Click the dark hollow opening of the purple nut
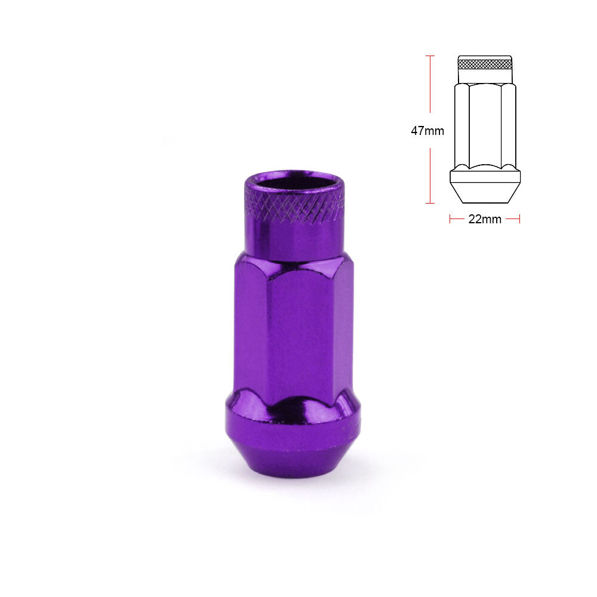[294, 181]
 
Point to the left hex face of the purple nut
[251, 327]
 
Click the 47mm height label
[427, 131]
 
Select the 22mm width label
[485, 219]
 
